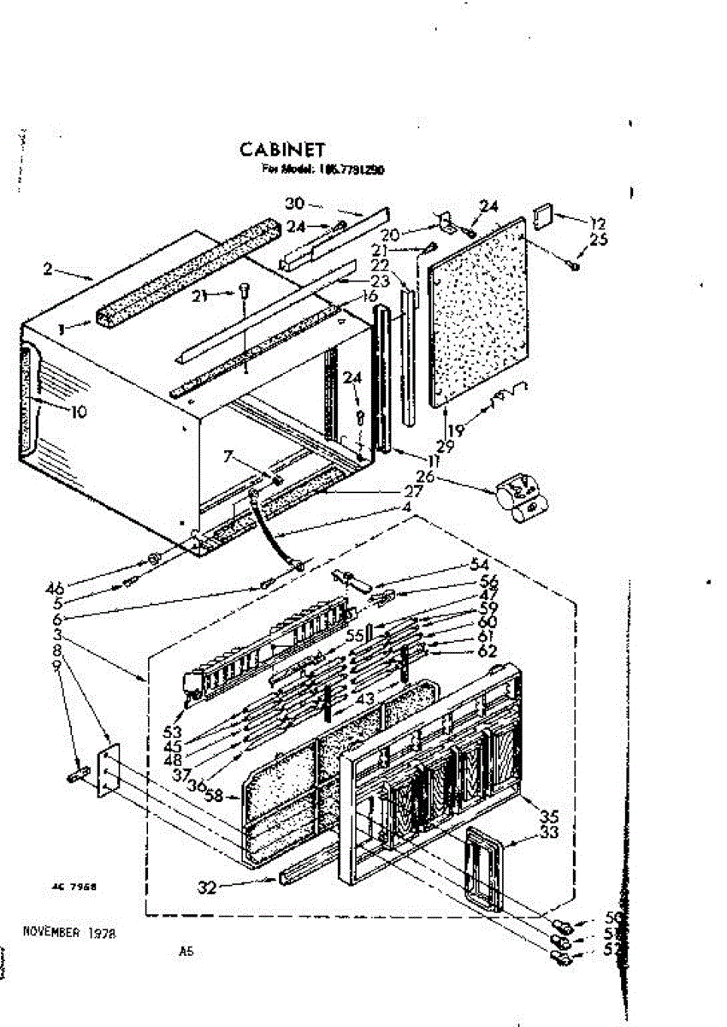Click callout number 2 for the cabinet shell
[49, 270]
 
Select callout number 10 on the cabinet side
[78, 412]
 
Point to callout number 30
[293, 204]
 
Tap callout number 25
[598, 240]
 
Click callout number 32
[206, 887]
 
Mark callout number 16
[369, 296]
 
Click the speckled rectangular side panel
[479, 312]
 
